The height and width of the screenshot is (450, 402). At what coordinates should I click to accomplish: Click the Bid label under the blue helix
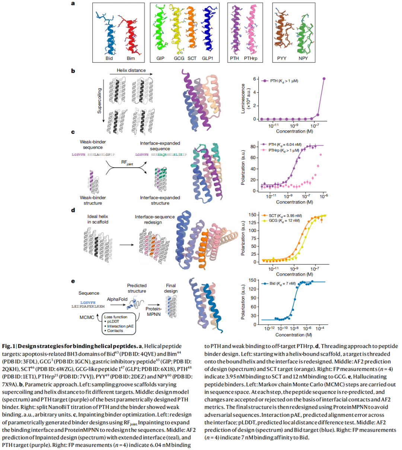[x=109, y=58]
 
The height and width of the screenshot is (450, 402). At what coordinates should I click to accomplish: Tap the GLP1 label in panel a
[x=207, y=58]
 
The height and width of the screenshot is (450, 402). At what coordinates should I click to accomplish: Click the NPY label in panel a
[x=303, y=58]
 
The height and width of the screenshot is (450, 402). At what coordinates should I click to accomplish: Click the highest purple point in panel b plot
[x=324, y=79]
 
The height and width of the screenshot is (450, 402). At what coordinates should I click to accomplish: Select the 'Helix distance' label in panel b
[x=131, y=70]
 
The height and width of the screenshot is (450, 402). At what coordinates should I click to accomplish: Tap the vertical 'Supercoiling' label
[x=99, y=101]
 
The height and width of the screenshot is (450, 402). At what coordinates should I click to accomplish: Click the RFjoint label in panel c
[x=127, y=163]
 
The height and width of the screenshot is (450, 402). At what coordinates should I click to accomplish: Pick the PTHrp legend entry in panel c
[x=280, y=150]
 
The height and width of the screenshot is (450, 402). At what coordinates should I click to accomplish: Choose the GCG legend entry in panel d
[x=281, y=221]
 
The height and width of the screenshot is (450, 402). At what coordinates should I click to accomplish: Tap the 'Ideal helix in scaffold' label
[x=98, y=219]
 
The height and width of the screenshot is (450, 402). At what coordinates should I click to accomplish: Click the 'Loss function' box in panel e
[x=119, y=323]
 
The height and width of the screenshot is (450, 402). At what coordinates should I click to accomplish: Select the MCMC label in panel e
[x=87, y=317]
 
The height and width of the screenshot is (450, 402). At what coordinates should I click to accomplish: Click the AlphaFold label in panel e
[x=117, y=299]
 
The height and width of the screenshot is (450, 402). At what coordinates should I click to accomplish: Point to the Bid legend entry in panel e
[x=279, y=283]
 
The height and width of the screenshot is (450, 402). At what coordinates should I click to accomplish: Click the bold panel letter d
[x=73, y=210]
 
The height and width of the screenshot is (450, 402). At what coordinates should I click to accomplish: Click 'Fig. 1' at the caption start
[x=9, y=346]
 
